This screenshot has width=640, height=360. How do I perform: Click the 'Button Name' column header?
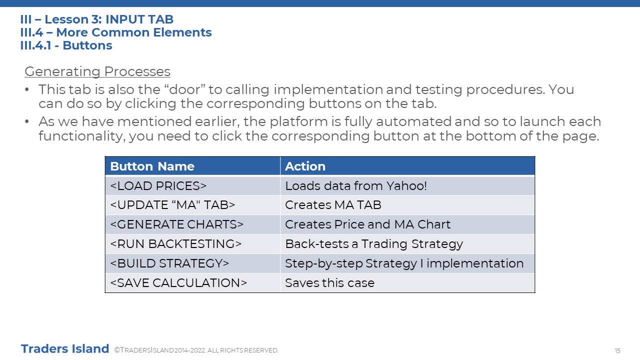click(192, 166)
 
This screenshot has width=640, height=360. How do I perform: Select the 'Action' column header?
click(407, 166)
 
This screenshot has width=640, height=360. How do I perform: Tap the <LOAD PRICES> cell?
click(192, 185)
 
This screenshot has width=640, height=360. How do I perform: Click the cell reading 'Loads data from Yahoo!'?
click(407, 185)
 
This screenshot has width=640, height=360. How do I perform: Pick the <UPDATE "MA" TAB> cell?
click(192, 205)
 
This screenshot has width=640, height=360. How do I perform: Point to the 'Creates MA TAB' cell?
click(407, 205)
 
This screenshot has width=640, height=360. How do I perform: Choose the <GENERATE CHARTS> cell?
click(192, 224)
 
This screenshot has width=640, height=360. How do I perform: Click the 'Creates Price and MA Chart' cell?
click(407, 224)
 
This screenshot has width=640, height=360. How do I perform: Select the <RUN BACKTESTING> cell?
click(192, 243)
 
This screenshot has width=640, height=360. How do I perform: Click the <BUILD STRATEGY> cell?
click(192, 263)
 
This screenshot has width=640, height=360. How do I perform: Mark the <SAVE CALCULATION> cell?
click(192, 282)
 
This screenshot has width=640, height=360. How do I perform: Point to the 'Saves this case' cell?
click(407, 282)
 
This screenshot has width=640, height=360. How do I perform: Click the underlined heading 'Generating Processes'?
click(97, 71)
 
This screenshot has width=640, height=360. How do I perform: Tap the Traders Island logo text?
click(65, 349)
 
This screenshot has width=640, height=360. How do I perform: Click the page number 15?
click(617, 350)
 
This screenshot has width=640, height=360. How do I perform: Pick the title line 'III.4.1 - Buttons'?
click(66, 45)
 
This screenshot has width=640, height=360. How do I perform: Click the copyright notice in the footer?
click(196, 350)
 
